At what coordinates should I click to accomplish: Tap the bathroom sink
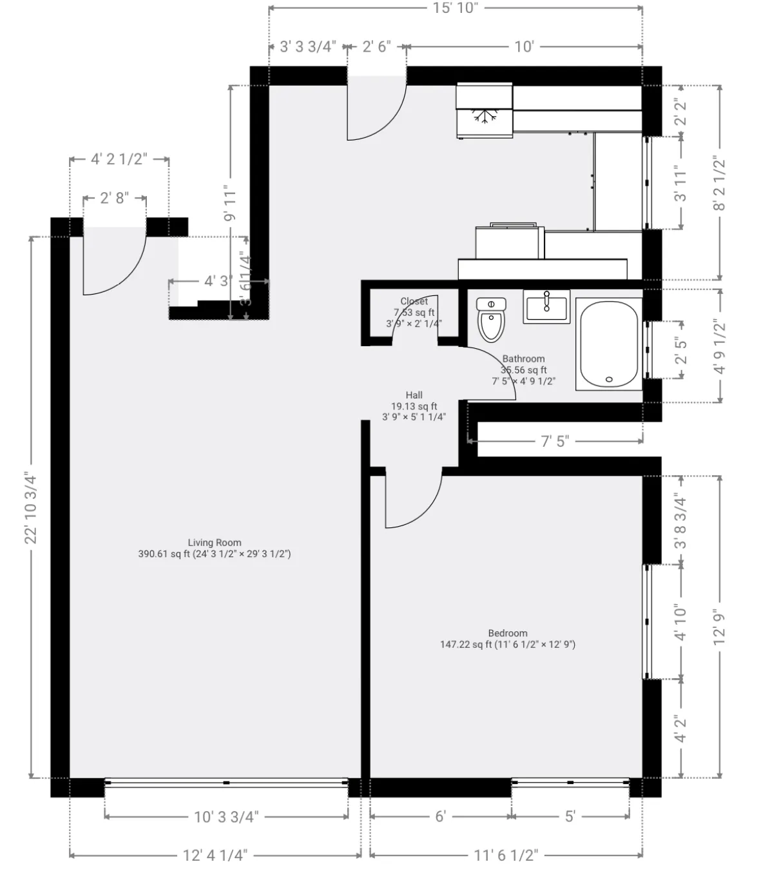coord(546,306)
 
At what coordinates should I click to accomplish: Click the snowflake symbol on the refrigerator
coord(485,117)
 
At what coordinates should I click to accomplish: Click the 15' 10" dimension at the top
coord(455,8)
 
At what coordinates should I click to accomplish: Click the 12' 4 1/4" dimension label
coord(215,855)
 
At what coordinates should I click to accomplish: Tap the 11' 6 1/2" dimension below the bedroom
coord(506,855)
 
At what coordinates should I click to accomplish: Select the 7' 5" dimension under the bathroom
coord(555,441)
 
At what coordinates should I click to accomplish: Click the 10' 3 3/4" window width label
coord(226,817)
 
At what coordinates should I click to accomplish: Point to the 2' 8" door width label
coord(115,198)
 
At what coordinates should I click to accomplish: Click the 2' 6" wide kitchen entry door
coord(376,110)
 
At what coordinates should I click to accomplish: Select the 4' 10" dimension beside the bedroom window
coord(680,621)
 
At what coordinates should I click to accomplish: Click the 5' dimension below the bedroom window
coord(570,817)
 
